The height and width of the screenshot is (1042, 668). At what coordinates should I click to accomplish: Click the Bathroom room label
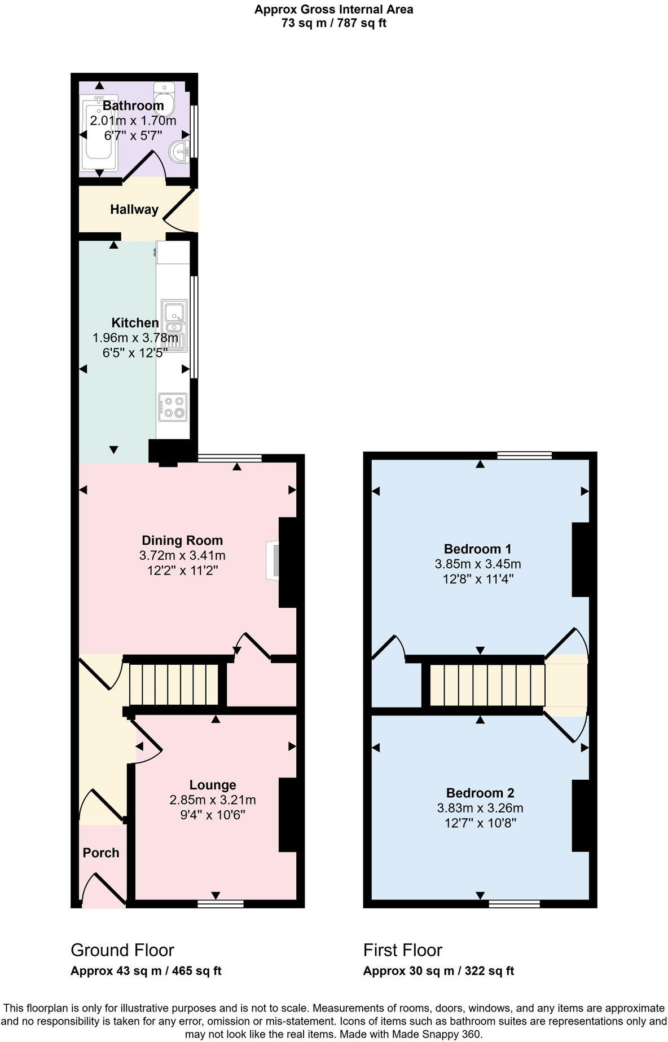coord(133,105)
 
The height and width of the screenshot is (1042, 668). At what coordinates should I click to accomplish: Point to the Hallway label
coord(134,210)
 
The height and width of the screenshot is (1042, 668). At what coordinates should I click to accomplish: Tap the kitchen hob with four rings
coord(173,407)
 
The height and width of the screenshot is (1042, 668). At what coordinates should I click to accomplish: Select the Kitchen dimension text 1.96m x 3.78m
coord(135,338)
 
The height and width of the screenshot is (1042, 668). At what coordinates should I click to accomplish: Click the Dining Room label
coord(182,540)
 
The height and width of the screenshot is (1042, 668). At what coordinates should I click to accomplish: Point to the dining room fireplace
coord(273,560)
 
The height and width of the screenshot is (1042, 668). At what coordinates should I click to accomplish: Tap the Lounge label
coord(212,785)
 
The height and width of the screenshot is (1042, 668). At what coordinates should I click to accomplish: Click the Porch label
coord(101,853)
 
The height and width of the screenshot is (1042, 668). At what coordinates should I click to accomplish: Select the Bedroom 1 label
coord(477,549)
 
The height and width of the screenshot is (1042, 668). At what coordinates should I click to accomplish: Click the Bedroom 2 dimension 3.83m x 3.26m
coord(480,808)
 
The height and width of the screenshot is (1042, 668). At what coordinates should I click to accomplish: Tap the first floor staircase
coord(487,685)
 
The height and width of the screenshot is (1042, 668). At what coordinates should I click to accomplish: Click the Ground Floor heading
coord(122,950)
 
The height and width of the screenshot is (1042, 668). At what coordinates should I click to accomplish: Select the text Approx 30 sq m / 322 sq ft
coord(438,971)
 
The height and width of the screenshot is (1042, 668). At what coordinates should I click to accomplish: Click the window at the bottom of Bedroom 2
coord(513,904)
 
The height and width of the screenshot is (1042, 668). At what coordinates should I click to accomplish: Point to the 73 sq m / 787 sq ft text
coord(333,23)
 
